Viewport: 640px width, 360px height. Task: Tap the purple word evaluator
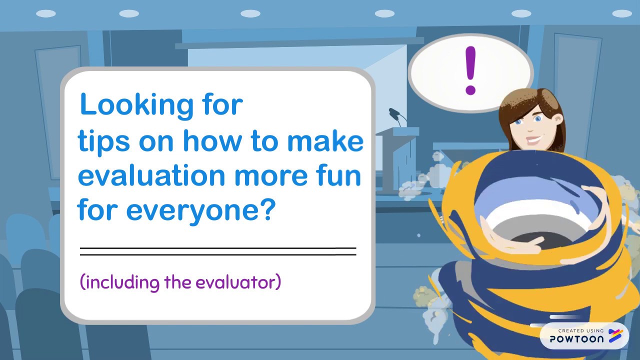(x=237, y=282)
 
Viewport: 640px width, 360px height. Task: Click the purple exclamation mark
(x=470, y=70)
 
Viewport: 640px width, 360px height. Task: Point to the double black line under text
(x=218, y=251)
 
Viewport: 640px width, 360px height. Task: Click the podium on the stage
(x=397, y=160)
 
